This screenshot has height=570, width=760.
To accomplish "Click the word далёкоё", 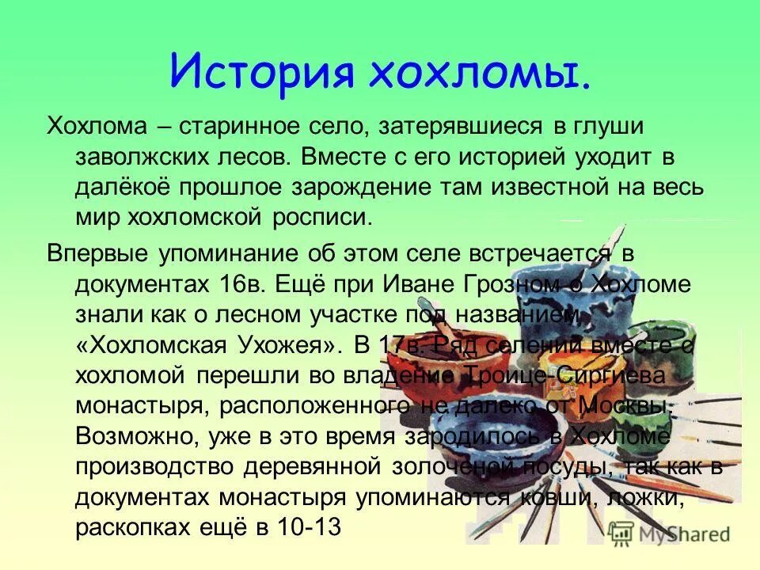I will pyautogui.click(x=122, y=188).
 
